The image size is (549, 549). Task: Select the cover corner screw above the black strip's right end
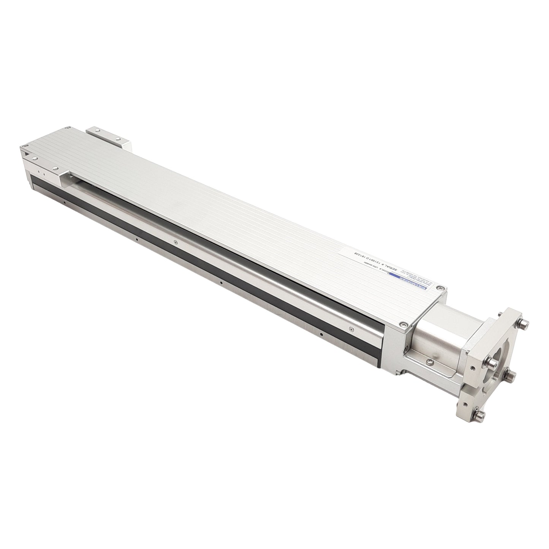coord(403,324)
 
